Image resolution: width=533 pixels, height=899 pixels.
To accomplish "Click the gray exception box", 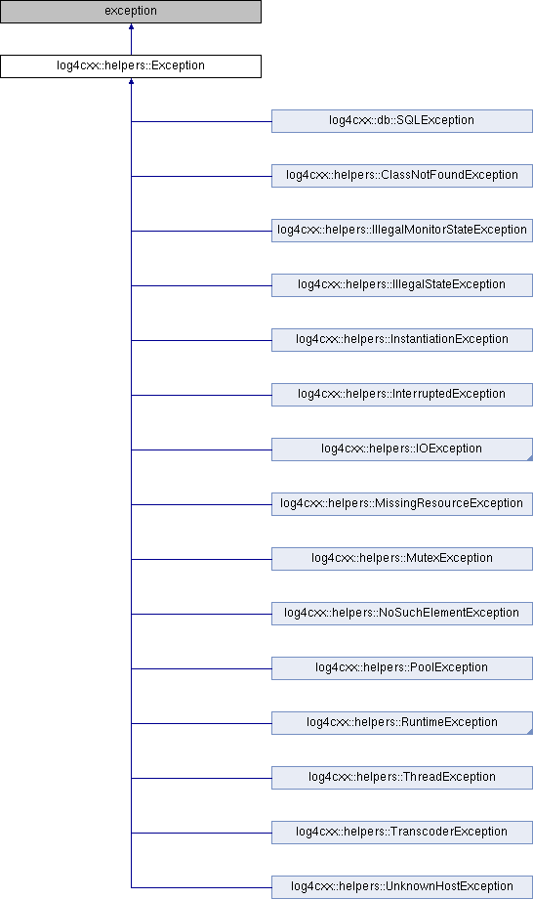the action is (131, 12).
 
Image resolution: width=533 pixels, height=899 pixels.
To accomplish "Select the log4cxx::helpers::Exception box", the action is (131, 65).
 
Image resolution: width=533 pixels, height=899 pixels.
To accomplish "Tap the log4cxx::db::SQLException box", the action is (402, 121).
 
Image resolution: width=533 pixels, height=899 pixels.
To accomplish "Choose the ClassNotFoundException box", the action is (402, 176).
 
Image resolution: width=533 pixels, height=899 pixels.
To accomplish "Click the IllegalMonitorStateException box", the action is (402, 231).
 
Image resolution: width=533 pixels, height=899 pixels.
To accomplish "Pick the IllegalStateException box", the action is (402, 285).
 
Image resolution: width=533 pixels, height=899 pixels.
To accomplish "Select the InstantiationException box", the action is (402, 340).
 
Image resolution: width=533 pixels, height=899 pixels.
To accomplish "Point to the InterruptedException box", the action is (402, 395).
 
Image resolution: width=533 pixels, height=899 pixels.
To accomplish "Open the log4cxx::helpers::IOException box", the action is (402, 449).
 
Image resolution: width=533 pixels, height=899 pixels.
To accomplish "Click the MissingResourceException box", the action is (402, 504).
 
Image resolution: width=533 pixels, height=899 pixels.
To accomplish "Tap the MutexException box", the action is (402, 559).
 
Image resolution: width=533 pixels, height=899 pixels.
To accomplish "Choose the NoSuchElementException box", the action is (402, 614).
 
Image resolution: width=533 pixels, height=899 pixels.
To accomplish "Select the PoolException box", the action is (402, 668).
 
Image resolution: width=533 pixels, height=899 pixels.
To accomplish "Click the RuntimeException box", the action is (402, 723).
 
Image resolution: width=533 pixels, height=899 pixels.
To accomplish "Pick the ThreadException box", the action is (402, 778).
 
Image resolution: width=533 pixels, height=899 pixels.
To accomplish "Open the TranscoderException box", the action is (402, 833).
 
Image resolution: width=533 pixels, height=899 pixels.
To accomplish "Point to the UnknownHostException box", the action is (402, 887).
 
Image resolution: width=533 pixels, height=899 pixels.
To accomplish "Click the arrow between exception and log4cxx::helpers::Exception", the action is (131, 39).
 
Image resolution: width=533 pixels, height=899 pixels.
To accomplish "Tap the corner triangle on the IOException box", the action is (530, 458).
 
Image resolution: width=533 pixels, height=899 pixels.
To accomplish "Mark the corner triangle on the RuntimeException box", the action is (530, 732).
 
